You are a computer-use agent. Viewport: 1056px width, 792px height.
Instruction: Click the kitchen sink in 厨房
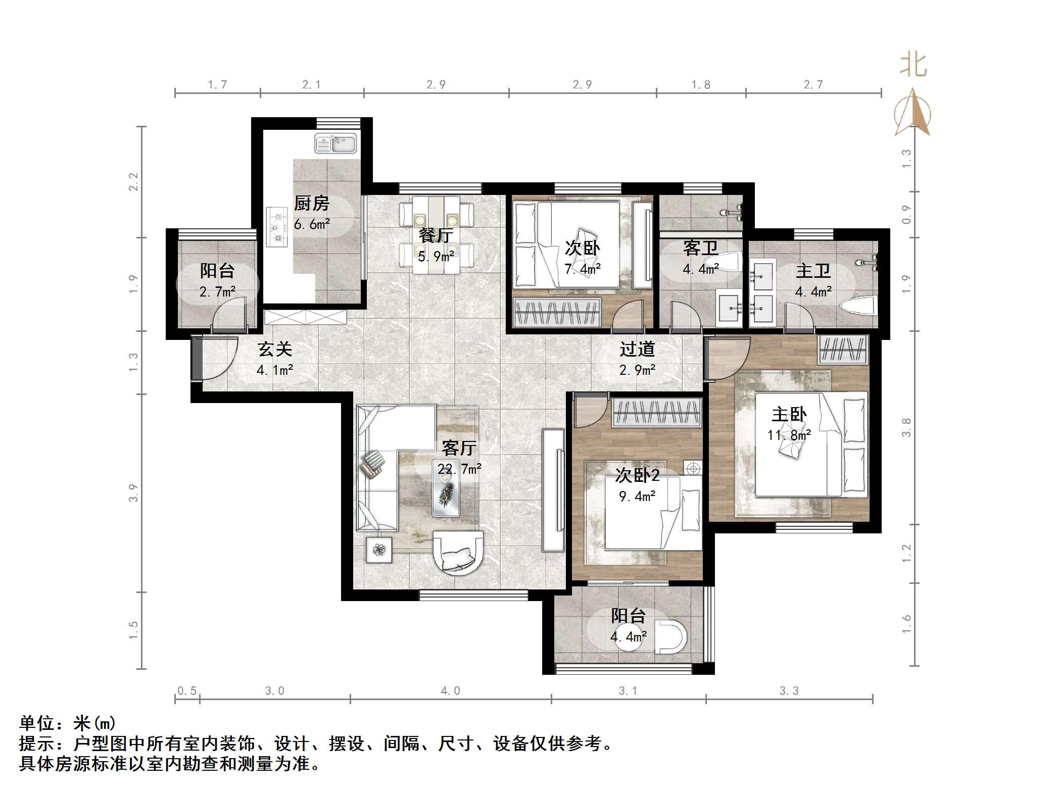[336, 143]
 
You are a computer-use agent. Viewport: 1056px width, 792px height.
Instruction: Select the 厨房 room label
[311, 204]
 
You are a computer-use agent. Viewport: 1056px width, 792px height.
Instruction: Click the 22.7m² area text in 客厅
[459, 469]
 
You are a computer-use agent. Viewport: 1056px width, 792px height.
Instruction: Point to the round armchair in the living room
[458, 553]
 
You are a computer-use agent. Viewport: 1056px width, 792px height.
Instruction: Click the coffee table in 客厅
[446, 499]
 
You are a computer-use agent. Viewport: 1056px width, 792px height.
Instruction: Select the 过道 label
[637, 349]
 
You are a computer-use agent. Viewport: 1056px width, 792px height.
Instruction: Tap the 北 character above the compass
[913, 66]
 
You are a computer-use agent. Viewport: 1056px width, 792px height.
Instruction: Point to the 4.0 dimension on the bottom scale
[450, 690]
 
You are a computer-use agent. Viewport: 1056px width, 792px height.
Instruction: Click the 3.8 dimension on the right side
[907, 427]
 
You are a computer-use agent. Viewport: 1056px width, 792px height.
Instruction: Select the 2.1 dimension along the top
[311, 84]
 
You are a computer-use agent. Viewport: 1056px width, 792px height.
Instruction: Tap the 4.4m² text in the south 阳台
[628, 637]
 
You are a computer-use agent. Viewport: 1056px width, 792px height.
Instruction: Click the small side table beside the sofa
[379, 549]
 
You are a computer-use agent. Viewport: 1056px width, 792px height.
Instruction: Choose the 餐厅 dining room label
[436, 235]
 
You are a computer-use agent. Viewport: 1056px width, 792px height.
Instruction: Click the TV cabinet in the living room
[553, 490]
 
